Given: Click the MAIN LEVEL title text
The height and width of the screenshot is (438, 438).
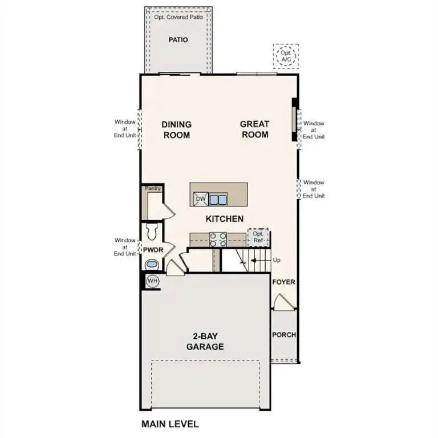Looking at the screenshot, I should pyautogui.click(x=170, y=424).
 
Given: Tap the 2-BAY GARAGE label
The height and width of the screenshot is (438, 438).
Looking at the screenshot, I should pyautogui.click(x=205, y=342).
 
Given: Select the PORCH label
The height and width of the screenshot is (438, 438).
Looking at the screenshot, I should pyautogui.click(x=283, y=335).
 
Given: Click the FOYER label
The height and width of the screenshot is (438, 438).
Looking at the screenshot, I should pyautogui.click(x=283, y=282).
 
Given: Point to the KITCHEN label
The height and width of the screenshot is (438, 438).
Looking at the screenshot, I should pyautogui.click(x=225, y=218).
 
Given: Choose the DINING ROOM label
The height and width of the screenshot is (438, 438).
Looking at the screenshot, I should pyautogui.click(x=176, y=129).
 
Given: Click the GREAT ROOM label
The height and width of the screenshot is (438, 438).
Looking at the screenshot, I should pyautogui.click(x=254, y=129).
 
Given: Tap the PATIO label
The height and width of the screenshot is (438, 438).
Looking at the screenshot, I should pyautogui.click(x=178, y=40).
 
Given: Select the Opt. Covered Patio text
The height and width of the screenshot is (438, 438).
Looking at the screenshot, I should pyautogui.click(x=178, y=17).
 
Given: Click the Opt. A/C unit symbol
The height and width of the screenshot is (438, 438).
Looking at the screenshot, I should pyautogui.click(x=285, y=56).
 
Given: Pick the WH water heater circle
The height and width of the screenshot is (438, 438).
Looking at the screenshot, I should pyautogui.click(x=152, y=281).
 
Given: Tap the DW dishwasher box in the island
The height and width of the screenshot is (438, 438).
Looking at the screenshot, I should pyautogui.click(x=200, y=198).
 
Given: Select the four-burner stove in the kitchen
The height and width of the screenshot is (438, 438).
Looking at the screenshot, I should pyautogui.click(x=218, y=240).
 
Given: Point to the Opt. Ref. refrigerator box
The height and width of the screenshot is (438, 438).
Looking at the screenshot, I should pyautogui.click(x=258, y=237).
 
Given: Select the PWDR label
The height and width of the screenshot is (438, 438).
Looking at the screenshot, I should pyautogui.click(x=152, y=250).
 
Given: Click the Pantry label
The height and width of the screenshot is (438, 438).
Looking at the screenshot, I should pyautogui.click(x=152, y=188).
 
